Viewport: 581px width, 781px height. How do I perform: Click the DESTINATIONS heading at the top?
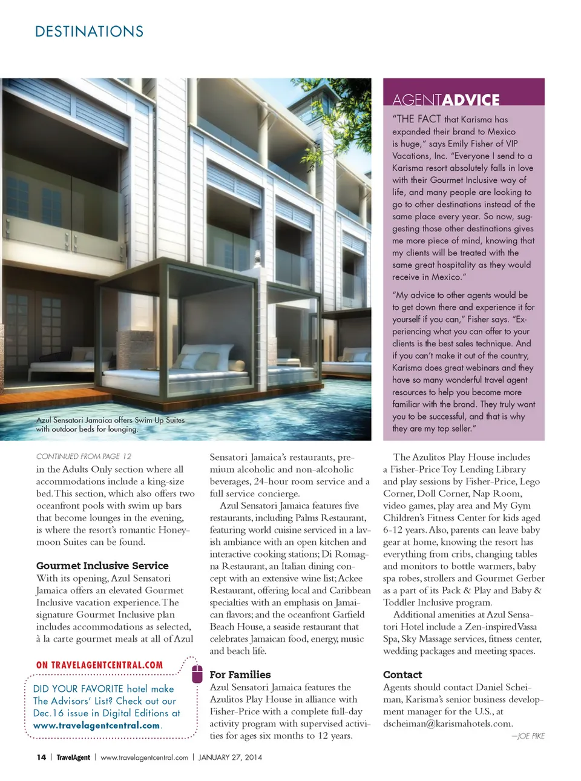coord(89,31)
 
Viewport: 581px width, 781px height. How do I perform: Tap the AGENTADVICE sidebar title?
coord(445,100)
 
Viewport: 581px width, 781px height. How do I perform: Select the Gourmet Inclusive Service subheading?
coord(102,565)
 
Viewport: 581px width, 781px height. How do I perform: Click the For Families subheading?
coord(240,674)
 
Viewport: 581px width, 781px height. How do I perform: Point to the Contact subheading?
coord(402,674)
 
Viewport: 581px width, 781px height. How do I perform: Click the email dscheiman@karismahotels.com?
coord(448,723)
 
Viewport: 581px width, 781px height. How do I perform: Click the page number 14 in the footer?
coord(41,757)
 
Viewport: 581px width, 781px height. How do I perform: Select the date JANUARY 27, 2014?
coord(230,757)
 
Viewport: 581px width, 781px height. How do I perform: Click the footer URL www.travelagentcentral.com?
coord(144,757)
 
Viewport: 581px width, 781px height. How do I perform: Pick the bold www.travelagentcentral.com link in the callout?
coord(97,725)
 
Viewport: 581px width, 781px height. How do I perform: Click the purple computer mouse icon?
coord(197,673)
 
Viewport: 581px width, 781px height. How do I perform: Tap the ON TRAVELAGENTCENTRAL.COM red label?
coord(99,665)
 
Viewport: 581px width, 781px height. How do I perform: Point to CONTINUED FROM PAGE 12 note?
coord(84,456)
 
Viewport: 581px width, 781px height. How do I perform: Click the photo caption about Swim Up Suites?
coord(110,424)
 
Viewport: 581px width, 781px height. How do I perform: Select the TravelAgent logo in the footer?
coord(73,757)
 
